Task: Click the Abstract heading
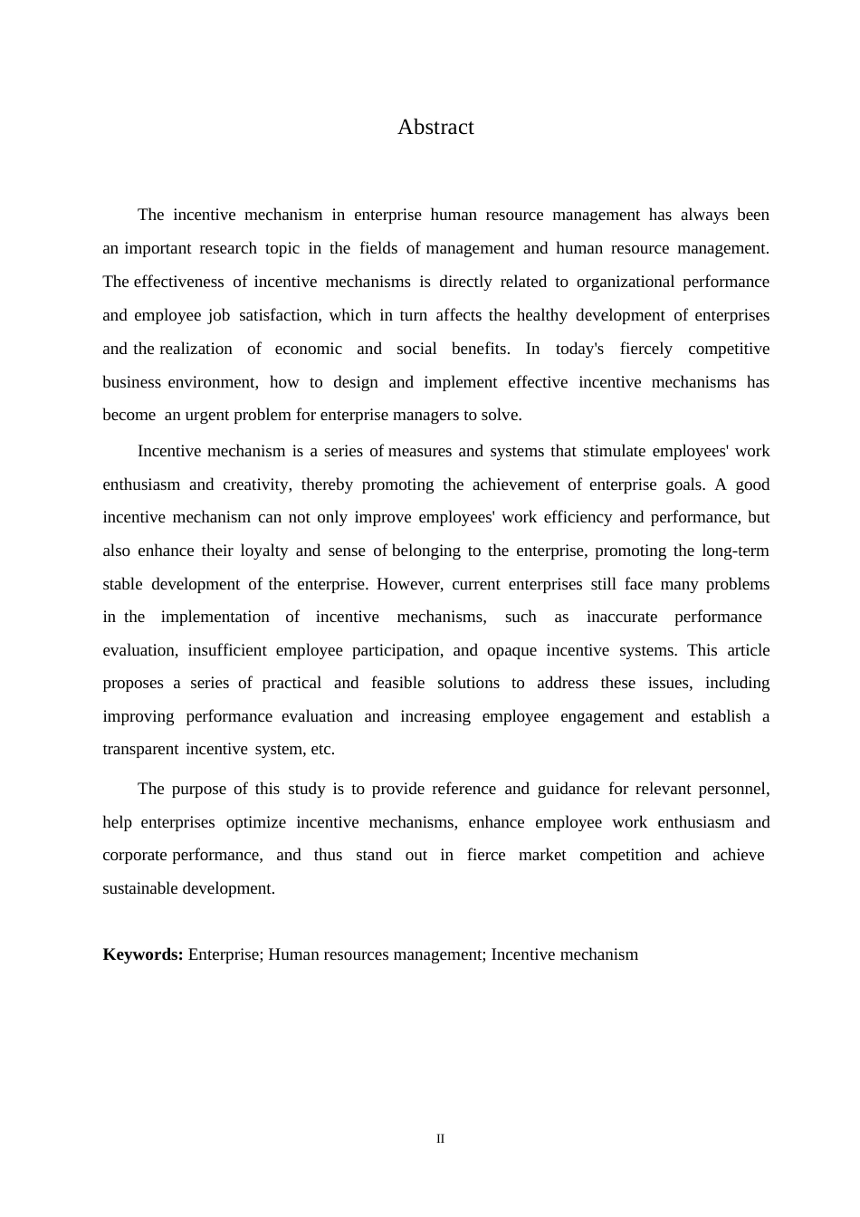pos(435,128)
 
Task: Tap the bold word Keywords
pos(143,954)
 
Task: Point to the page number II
pos(441,1139)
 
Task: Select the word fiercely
pos(645,349)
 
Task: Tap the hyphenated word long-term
pos(735,551)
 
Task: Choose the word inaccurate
pos(621,617)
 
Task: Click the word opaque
pos(511,650)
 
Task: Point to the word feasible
pos(397,683)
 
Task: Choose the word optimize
pos(255,822)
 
